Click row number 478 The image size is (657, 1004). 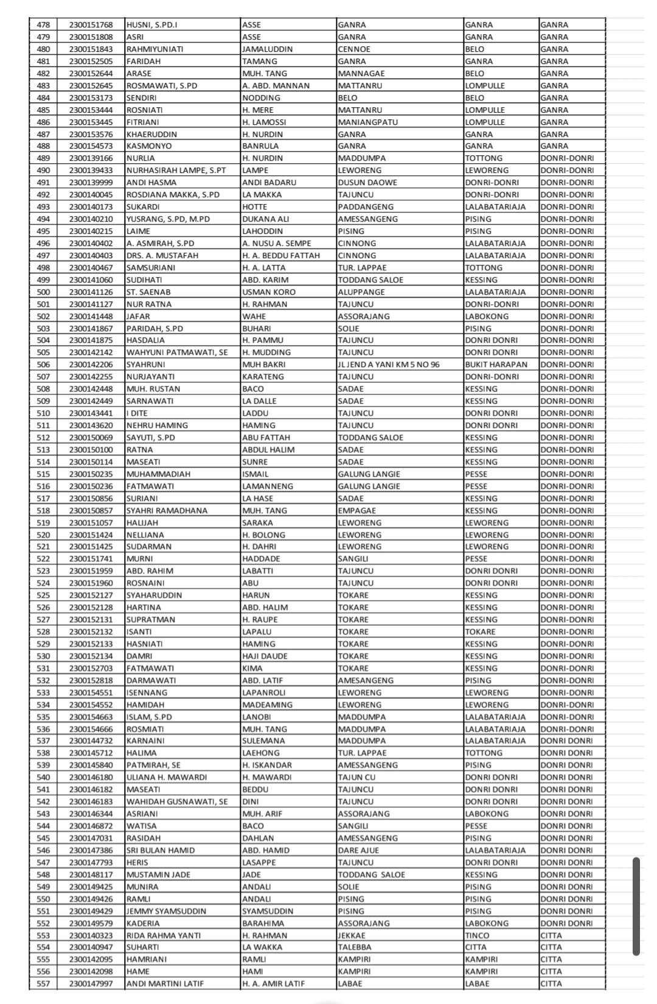[43, 25]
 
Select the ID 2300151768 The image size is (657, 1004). [91, 25]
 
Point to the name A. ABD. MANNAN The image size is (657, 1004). [276, 86]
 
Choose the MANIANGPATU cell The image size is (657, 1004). [367, 122]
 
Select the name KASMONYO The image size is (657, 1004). [149, 146]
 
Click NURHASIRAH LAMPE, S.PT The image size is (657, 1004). [176, 170]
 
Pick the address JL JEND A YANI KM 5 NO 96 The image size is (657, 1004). [389, 365]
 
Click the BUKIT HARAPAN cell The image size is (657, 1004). [496, 365]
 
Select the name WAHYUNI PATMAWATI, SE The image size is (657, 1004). [177, 353]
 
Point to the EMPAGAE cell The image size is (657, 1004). [357, 511]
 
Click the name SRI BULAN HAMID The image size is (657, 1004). [161, 851]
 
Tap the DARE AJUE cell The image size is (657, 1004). [358, 851]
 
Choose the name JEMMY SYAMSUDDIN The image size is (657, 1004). [166, 911]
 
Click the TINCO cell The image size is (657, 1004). [477, 936]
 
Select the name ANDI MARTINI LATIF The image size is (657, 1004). [165, 984]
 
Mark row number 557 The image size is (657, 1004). [43, 984]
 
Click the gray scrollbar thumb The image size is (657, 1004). [636, 906]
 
